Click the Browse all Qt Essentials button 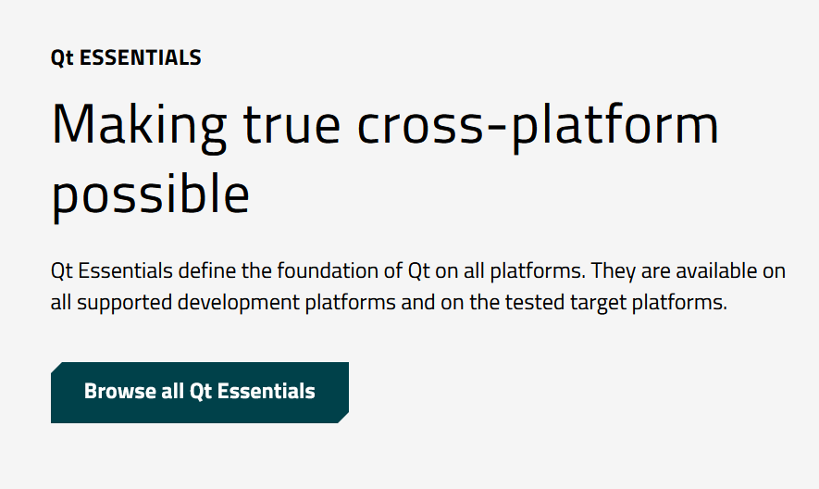tap(200, 393)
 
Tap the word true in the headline tap(292, 125)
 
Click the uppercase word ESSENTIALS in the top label tap(140, 57)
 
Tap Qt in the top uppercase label tap(62, 58)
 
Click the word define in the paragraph tap(207, 271)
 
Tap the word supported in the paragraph tap(124, 303)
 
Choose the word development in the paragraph tap(239, 303)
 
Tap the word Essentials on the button tap(266, 391)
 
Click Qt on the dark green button tap(200, 392)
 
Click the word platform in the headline tap(614, 126)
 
